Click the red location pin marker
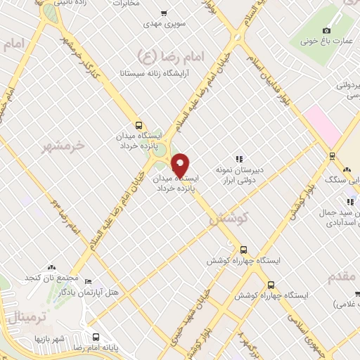(181, 165)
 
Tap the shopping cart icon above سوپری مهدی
(164, 13)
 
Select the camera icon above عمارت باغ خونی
(326, 30)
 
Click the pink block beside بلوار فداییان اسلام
(320, 124)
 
